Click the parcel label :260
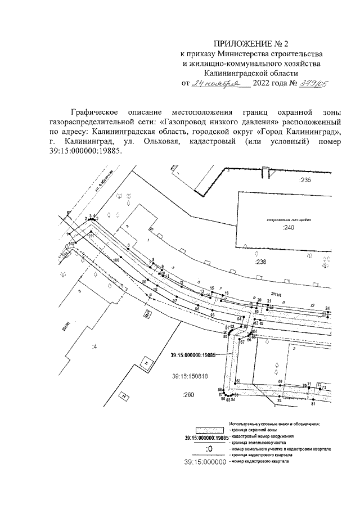point(188,396)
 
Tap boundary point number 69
point(280,382)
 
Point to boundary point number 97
point(175,301)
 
